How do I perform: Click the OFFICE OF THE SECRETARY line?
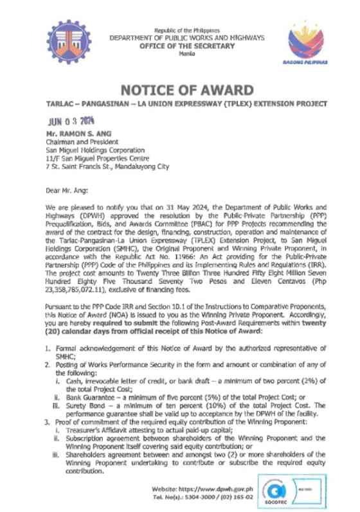pyautogui.click(x=186, y=45)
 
